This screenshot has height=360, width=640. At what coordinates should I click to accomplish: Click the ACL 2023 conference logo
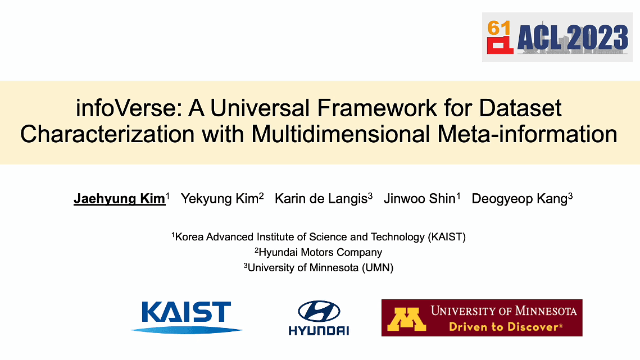click(x=557, y=37)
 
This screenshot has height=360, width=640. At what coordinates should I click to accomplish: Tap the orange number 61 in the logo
click(x=499, y=28)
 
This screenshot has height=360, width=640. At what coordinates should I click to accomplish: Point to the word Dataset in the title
click(x=520, y=108)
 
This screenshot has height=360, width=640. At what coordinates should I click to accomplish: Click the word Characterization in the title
click(x=107, y=134)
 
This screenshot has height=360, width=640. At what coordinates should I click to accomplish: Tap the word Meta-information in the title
click(x=527, y=134)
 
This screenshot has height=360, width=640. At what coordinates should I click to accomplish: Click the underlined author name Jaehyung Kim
click(x=120, y=199)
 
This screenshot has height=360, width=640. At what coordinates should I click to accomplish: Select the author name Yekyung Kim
click(x=220, y=199)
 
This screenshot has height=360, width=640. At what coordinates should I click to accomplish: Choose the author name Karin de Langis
click(x=321, y=199)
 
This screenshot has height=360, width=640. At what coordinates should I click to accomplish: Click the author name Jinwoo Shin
click(x=420, y=199)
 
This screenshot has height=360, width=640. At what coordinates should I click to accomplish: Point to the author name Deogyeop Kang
click(x=520, y=199)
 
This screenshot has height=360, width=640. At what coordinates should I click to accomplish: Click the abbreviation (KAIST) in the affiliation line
click(x=447, y=237)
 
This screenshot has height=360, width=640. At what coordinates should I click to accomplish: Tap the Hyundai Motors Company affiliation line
click(x=319, y=252)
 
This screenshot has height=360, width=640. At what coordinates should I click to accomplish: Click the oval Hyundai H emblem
click(x=319, y=311)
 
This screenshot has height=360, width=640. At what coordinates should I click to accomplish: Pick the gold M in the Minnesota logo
click(x=406, y=319)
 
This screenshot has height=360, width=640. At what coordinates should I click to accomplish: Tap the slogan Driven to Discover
click(x=506, y=327)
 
